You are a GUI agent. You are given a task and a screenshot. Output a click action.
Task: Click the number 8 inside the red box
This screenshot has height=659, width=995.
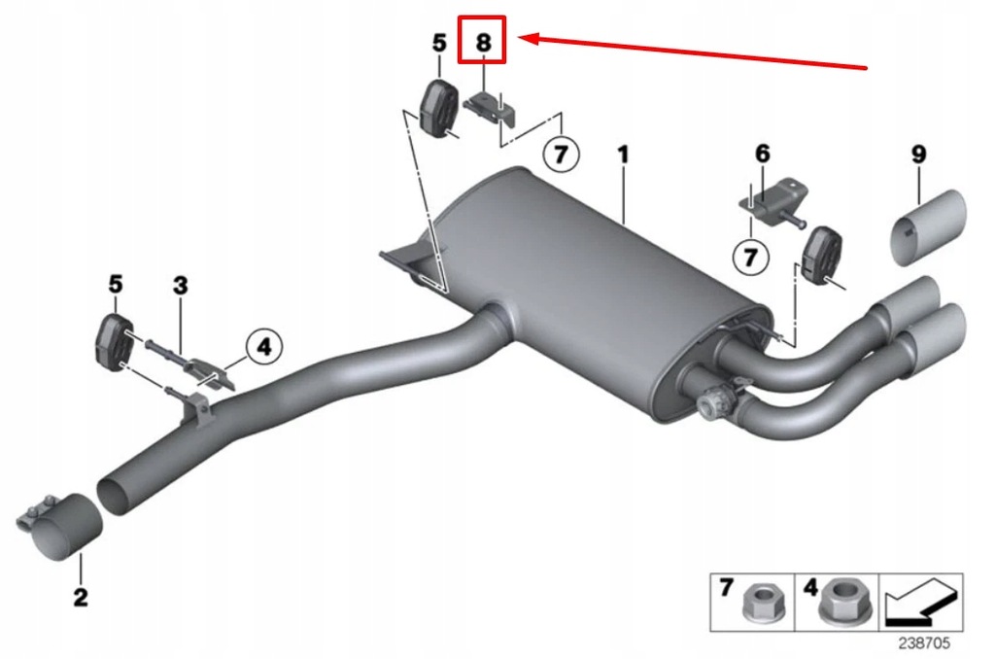tap(483, 42)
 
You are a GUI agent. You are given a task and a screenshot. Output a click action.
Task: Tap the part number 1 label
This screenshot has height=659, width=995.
tap(623, 154)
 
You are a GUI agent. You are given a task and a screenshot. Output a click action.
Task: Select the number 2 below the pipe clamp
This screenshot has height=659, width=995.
tap(80, 596)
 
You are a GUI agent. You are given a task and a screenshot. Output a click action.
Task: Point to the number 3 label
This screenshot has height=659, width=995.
tap(180, 285)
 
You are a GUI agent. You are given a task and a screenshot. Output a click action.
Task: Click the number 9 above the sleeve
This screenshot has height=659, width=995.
tap(918, 154)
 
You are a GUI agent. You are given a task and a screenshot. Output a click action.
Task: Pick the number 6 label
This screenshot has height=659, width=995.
tap(762, 154)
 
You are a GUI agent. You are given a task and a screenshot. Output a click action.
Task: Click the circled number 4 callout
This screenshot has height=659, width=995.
tap(263, 344)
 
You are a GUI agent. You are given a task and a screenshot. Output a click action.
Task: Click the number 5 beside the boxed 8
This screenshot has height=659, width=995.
tap(439, 42)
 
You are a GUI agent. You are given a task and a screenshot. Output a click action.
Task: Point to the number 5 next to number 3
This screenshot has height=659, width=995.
tap(116, 285)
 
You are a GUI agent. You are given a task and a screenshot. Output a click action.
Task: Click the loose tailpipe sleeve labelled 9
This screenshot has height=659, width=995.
tap(930, 226)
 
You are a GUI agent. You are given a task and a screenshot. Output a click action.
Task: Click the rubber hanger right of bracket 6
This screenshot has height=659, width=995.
tap(820, 257)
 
